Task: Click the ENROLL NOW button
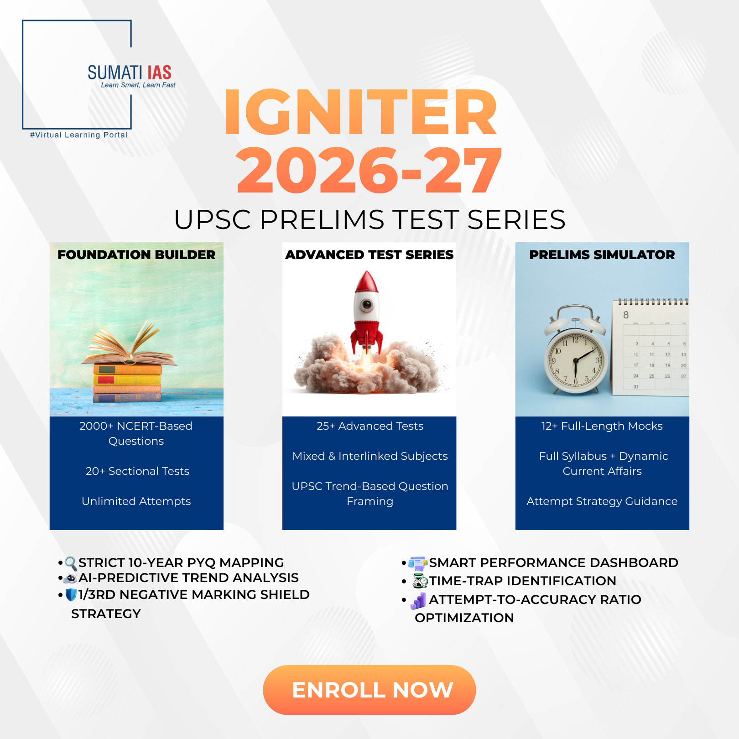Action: pos(369,690)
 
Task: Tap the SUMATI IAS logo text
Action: pos(130,73)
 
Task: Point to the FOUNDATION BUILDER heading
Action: pos(136,255)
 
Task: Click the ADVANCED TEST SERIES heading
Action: pos(369,255)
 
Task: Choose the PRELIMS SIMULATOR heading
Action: pos(602,255)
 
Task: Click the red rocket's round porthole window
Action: pos(366,305)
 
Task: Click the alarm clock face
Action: pos(576,360)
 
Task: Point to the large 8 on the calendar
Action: pos(626,315)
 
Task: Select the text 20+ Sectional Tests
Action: pos(137,471)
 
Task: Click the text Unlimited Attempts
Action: pos(136,501)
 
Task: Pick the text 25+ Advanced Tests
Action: pos(370,426)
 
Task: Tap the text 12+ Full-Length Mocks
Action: pos(602,426)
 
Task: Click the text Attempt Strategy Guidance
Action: pos(602,501)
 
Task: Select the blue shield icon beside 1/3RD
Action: pos(71,595)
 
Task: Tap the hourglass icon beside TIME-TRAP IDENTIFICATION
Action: pos(420,581)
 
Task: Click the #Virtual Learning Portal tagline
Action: pos(78,135)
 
